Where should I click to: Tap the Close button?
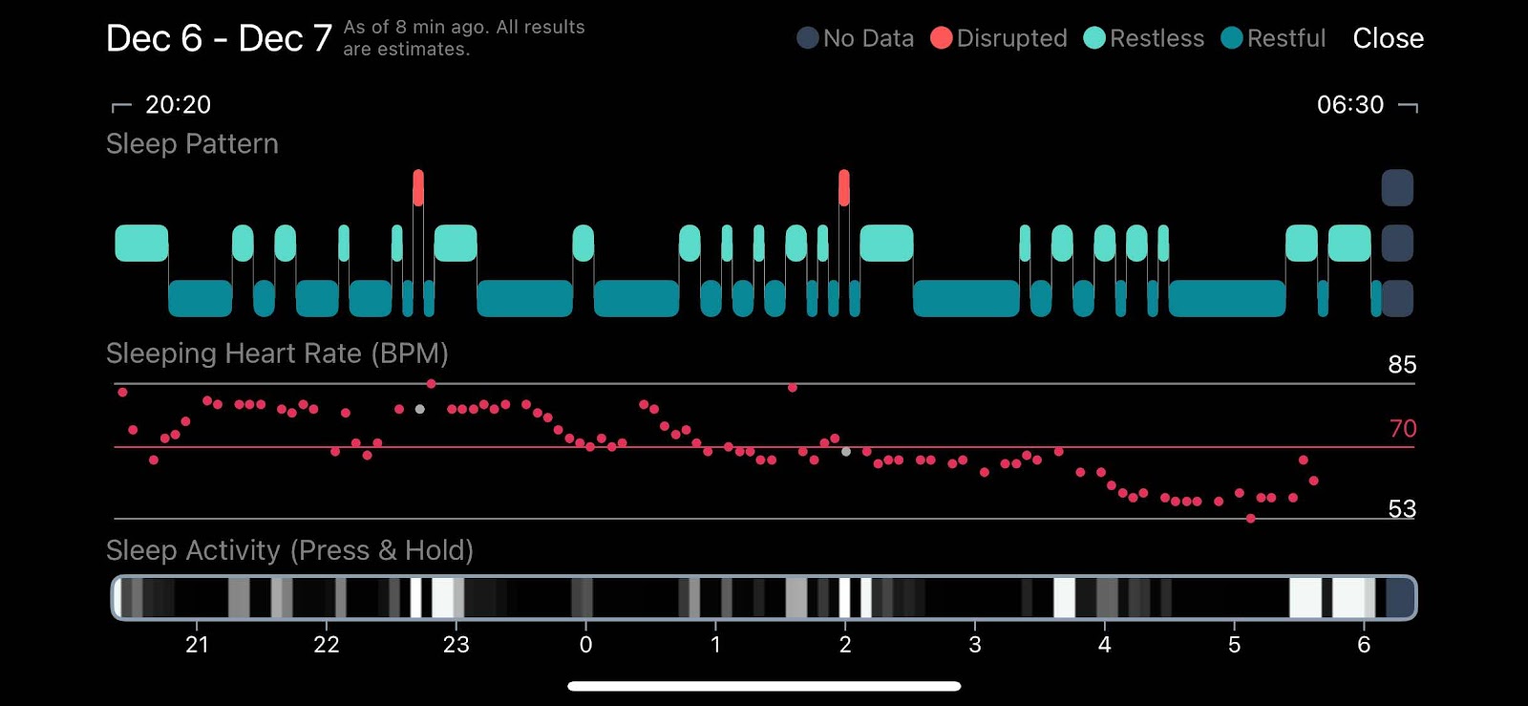tap(1388, 38)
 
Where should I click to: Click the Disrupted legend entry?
tap(999, 38)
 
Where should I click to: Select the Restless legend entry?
tap(1144, 38)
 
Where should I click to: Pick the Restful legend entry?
tap(1274, 38)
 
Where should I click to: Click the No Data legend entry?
tap(856, 38)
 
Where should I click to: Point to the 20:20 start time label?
tap(178, 104)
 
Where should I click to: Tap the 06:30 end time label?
tap(1350, 104)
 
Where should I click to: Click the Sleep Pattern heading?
tap(192, 144)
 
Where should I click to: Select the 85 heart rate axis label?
tap(1402, 365)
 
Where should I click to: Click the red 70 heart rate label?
tap(1403, 428)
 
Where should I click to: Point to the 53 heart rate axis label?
tap(1402, 509)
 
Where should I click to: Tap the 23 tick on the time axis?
tap(456, 644)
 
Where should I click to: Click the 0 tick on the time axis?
tap(585, 644)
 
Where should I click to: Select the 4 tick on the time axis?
tap(1104, 644)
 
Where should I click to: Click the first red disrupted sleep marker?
tap(418, 187)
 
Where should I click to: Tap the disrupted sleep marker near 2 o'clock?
tap(844, 187)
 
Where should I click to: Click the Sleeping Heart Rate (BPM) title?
tap(277, 353)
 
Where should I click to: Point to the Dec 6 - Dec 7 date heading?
tap(219, 38)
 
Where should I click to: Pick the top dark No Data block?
tap(1397, 187)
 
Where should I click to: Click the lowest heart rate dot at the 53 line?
tap(1250, 519)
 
